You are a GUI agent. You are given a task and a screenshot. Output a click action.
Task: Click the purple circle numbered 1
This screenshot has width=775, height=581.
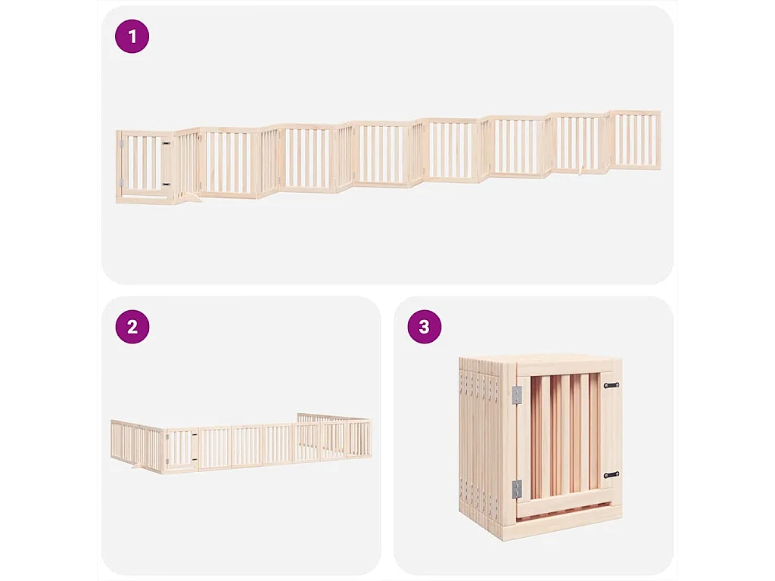132,36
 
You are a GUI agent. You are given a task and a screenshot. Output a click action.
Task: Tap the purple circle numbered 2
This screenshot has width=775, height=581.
132,327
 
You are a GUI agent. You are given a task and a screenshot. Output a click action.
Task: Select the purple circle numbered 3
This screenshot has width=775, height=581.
424,327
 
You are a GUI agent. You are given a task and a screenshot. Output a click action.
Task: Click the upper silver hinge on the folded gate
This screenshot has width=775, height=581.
517,395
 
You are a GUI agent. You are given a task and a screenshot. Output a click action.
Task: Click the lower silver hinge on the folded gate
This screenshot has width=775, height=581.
517,489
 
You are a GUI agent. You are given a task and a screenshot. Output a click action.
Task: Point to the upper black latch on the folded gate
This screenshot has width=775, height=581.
611,385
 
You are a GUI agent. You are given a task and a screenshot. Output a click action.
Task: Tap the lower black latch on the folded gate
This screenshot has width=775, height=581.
611,474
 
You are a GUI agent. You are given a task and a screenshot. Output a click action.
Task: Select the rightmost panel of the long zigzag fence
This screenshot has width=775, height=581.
636,141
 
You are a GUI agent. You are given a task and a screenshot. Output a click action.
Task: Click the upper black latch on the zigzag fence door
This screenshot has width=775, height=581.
166,142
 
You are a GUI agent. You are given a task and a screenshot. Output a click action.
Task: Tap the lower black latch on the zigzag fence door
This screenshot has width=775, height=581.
166,184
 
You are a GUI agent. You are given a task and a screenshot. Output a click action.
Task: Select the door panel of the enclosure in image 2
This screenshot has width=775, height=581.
182,451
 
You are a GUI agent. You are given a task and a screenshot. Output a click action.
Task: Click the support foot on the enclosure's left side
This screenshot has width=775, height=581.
137,467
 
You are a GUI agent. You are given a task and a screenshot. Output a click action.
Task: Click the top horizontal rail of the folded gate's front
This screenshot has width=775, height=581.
568,370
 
